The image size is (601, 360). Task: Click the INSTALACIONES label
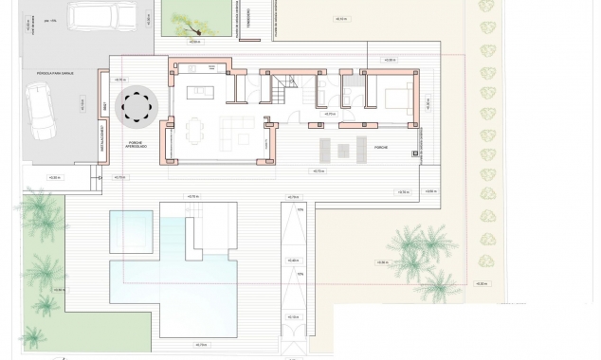pos(102,145)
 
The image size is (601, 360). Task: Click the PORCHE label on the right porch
pos(381,148)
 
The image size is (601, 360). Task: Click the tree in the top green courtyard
pos(184,20)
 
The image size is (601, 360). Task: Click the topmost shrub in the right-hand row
pos(486,7)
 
